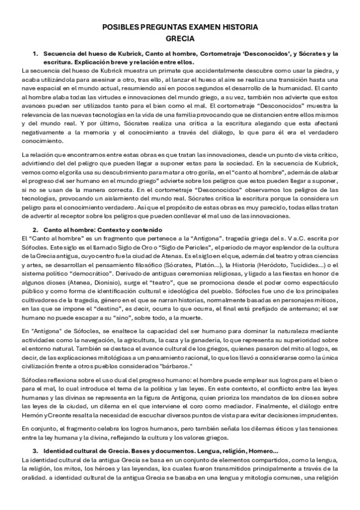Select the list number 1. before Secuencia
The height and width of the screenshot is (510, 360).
pyautogui.click(x=35, y=54)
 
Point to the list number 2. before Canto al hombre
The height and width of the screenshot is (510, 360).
pyautogui.click(x=35, y=230)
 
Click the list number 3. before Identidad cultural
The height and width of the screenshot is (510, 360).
pyautogui.click(x=35, y=451)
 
